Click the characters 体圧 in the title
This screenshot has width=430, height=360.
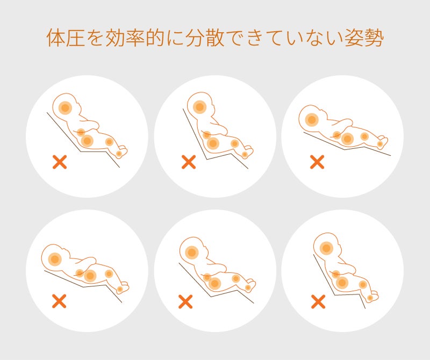tap(66, 37)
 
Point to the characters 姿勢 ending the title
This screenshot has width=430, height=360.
tap(364, 37)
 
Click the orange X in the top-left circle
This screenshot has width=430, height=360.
tap(60, 162)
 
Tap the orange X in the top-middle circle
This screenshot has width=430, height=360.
tap(189, 162)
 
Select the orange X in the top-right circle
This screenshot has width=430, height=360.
tap(317, 162)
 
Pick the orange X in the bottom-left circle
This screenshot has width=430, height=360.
tap(59, 301)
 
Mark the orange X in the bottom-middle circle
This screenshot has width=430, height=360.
tap(185, 301)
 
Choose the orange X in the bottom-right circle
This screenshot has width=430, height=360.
tap(318, 301)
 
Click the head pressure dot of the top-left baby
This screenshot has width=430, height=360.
tap(65, 108)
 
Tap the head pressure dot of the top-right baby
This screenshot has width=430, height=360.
tap(312, 120)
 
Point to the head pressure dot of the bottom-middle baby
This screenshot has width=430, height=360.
tap(192, 253)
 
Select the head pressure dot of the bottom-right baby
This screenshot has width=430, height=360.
tap(326, 248)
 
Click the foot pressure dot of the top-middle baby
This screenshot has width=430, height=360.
tap(245, 155)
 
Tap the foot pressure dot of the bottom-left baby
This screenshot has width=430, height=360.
tap(120, 289)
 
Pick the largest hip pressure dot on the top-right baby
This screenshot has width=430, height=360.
tap(347, 139)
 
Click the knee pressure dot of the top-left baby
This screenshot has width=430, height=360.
tap(109, 142)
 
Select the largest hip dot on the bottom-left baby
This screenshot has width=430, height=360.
tap(90, 276)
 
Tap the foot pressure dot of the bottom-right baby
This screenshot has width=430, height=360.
tap(370, 298)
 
